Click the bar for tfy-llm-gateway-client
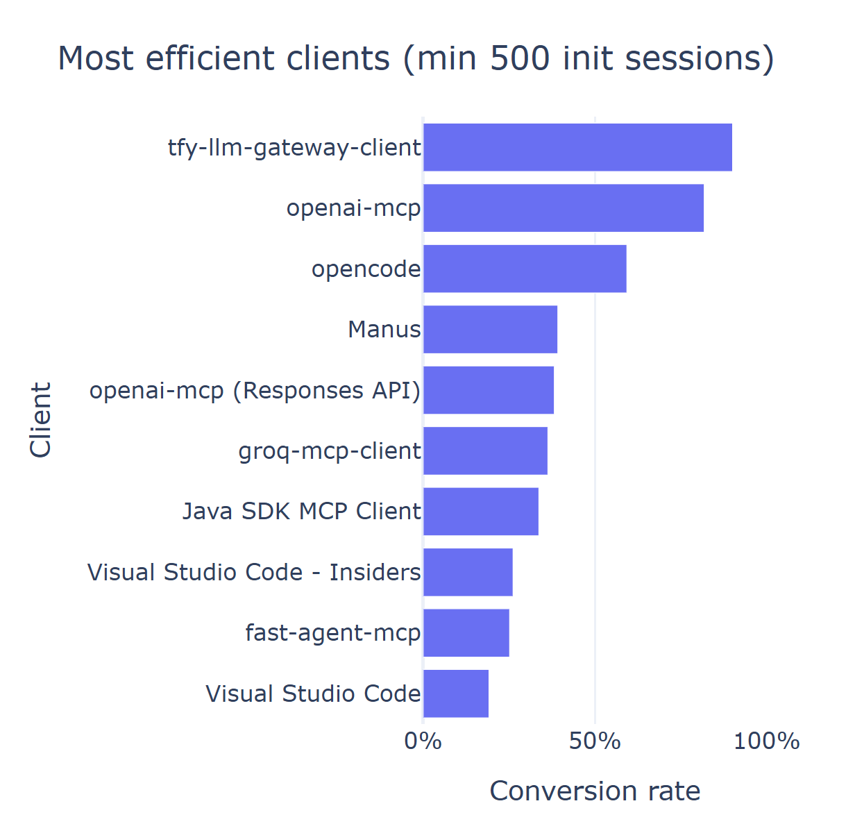tap(577, 147)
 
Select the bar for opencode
tap(525, 269)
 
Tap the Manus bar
tap(490, 329)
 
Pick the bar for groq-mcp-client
tap(485, 451)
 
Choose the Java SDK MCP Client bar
tap(481, 512)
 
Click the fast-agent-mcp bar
tap(466, 632)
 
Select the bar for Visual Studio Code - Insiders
tap(468, 572)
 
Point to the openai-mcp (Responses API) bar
tap(489, 390)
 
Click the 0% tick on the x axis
tap(423, 741)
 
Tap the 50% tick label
tap(595, 741)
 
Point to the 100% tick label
tap(766, 741)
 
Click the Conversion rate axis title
tap(595, 791)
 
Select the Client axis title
tap(40, 420)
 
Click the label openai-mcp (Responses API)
tap(255, 391)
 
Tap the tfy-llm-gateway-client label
tap(294, 148)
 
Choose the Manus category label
tap(384, 329)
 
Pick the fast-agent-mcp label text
tap(332, 633)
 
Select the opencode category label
tap(366, 269)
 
